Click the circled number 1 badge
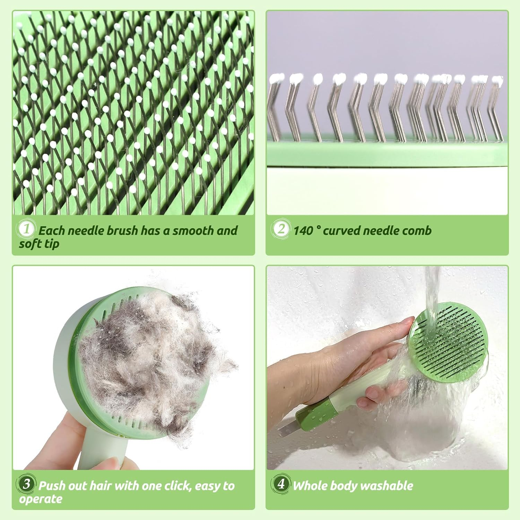[x=26, y=229]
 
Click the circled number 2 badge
[x=281, y=228]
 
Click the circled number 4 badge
[x=281, y=484]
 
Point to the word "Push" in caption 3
[x=51, y=486]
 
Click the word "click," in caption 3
[x=178, y=486]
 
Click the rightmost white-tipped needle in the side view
[x=497, y=81]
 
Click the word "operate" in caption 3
[x=41, y=500]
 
